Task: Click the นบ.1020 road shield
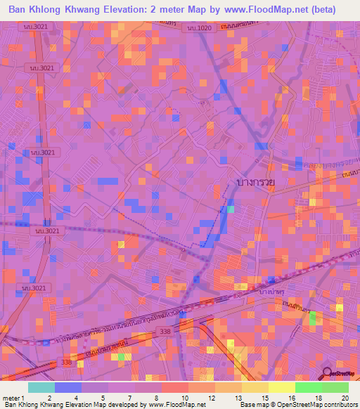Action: pyautogui.click(x=200, y=27)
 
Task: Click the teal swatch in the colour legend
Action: pyautogui.click(x=41, y=387)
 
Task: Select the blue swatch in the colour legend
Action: pyautogui.click(x=67, y=387)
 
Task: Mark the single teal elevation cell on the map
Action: pyautogui.click(x=230, y=209)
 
